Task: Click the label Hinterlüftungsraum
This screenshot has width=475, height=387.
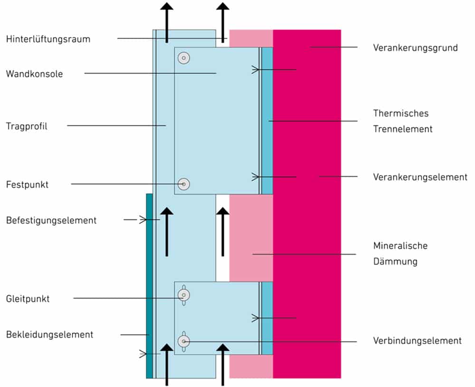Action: [48, 39]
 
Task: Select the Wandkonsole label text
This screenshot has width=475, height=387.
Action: [34, 74]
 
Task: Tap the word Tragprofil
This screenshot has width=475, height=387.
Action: [27, 126]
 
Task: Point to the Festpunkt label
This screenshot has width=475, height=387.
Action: [27, 184]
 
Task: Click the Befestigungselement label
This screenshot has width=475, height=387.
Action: [51, 220]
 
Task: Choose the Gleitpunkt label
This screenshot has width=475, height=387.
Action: [28, 299]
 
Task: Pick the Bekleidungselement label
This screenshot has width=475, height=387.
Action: [49, 334]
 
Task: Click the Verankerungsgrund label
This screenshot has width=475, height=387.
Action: [415, 47]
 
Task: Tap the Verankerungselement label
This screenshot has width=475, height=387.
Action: [420, 177]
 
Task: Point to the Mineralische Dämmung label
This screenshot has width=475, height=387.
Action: [400, 253]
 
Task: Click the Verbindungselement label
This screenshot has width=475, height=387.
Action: [417, 340]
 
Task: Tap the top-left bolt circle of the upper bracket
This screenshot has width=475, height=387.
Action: [184, 58]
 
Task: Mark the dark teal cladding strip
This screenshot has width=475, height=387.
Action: [149, 285]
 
